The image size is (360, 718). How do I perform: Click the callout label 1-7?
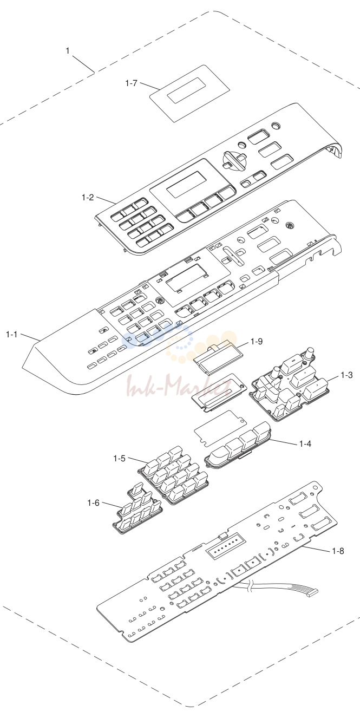tap(131, 83)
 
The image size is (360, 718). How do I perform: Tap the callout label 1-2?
tap(88, 197)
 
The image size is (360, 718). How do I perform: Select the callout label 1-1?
tap(11, 334)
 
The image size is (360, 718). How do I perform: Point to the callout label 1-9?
tap(256, 341)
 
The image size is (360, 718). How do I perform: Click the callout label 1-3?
tap(346, 375)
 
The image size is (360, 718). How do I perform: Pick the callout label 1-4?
tap(305, 443)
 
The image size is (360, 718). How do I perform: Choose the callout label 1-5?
tap(119, 459)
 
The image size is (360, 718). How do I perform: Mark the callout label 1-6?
tap(93, 503)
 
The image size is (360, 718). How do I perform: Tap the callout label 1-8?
tap(338, 551)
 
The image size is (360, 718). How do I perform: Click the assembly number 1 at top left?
tap(68, 51)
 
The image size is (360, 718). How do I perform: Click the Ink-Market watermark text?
tap(179, 386)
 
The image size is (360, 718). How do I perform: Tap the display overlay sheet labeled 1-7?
tap(191, 93)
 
